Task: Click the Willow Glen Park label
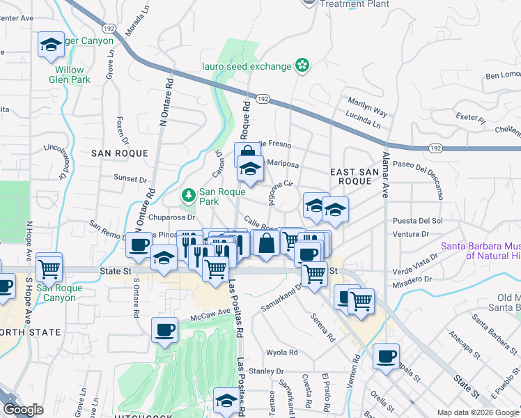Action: pos(70,75)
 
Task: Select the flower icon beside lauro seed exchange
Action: pos(302,66)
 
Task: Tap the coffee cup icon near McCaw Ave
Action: pos(165,330)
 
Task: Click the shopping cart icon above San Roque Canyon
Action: pos(49,267)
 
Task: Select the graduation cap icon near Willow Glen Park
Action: pos(50,45)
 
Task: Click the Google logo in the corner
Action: pos(23,410)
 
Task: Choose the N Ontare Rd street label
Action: pos(166,100)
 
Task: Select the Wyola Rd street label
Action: pos(281,353)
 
